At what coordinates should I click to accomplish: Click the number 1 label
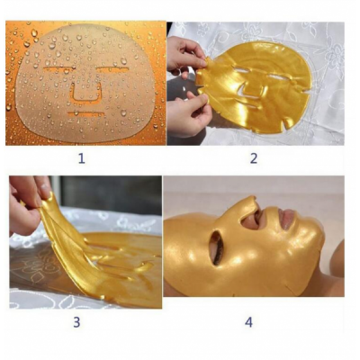click(x=82, y=158)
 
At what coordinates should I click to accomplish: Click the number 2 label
click(x=254, y=158)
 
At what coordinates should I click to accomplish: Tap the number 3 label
click(x=76, y=322)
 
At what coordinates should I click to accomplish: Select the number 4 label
click(x=248, y=322)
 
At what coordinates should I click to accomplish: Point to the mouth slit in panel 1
click(x=86, y=113)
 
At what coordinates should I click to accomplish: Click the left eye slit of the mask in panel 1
click(x=58, y=69)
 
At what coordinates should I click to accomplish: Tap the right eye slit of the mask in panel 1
click(x=112, y=69)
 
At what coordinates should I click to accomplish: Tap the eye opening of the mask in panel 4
click(x=215, y=247)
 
